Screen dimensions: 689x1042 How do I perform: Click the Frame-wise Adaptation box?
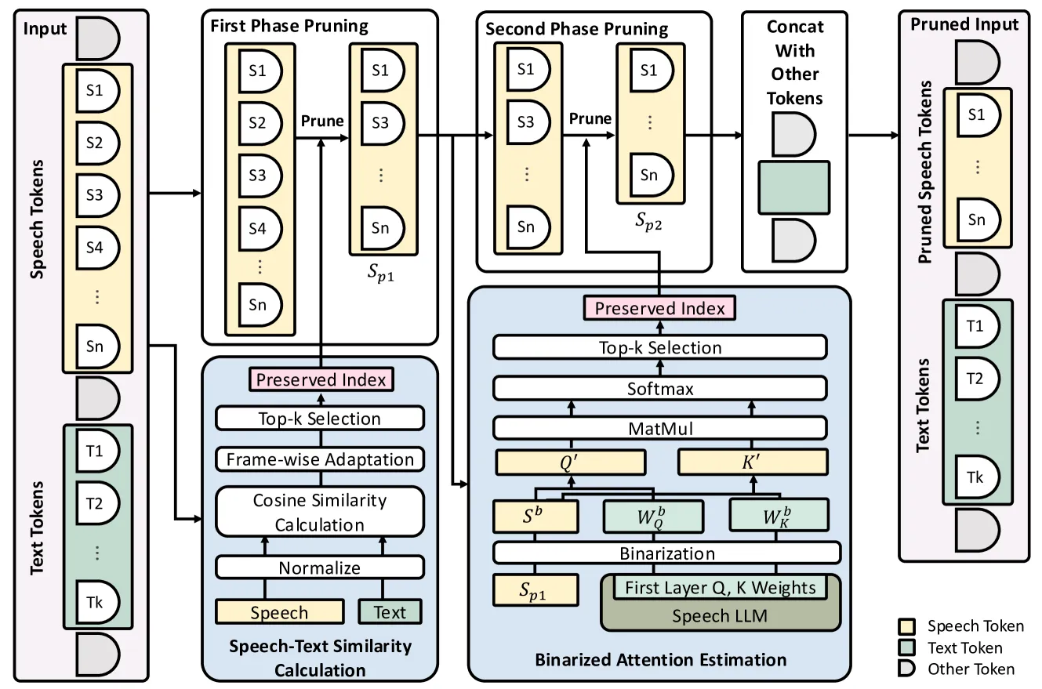pyautogui.click(x=320, y=459)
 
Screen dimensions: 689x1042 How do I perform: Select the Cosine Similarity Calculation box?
pyautogui.click(x=320, y=512)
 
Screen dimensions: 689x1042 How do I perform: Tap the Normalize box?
pyautogui.click(x=320, y=568)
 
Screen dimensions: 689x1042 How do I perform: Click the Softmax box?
pyautogui.click(x=660, y=388)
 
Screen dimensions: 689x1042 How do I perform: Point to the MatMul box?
pyautogui.click(x=660, y=428)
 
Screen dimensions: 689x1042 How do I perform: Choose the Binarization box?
pyautogui.click(x=667, y=553)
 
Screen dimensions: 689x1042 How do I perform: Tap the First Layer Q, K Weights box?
pyautogui.click(x=720, y=587)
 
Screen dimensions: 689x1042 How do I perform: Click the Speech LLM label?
pyautogui.click(x=720, y=615)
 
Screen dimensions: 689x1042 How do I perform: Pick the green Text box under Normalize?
pyautogui.click(x=390, y=612)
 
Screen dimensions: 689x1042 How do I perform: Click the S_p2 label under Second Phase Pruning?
pyautogui.click(x=648, y=222)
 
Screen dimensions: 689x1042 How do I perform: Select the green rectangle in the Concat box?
pyautogui.click(x=793, y=187)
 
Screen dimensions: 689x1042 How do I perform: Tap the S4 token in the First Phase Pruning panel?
pyautogui.click(x=260, y=229)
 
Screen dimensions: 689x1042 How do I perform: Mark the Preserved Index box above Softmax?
pyautogui.click(x=659, y=309)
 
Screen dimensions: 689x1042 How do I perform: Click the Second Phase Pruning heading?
pyautogui.click(x=577, y=30)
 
